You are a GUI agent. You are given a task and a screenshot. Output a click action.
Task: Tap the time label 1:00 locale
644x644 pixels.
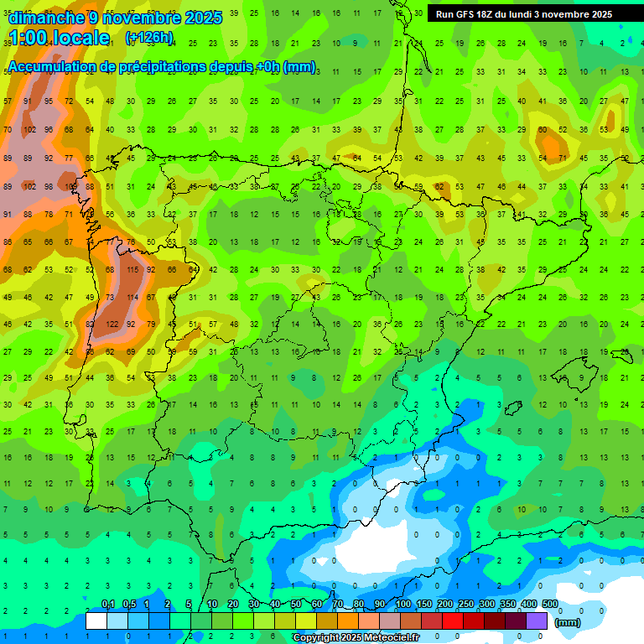tap(59, 38)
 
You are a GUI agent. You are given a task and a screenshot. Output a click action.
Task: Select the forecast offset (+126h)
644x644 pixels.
tap(149, 38)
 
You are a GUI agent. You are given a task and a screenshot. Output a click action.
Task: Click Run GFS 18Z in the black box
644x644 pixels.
tap(469, 14)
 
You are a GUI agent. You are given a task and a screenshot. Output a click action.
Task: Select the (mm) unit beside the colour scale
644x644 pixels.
tap(568, 622)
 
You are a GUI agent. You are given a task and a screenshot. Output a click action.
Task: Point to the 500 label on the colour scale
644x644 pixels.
tap(549, 605)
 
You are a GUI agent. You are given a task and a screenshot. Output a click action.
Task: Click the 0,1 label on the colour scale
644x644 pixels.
tap(108, 605)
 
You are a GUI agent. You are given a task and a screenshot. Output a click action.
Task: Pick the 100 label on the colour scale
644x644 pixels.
tap(402, 605)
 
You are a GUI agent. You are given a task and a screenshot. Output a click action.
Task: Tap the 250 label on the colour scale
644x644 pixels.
tap(465, 605)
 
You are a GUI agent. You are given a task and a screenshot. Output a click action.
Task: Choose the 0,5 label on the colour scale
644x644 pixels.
tap(129, 605)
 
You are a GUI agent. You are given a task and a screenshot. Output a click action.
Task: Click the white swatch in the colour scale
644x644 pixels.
tap(96, 621)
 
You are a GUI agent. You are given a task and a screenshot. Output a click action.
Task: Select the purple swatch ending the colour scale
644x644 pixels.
tap(538, 621)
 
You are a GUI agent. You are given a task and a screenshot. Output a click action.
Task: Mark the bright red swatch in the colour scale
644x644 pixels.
tap(453, 621)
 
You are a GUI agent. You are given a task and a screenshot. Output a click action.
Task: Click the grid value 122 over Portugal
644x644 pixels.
tap(112, 325)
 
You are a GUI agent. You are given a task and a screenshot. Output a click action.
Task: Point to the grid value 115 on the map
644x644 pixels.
tap(132, 269)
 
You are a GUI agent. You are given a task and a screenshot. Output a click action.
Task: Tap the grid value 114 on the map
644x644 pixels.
tap(132, 297)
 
